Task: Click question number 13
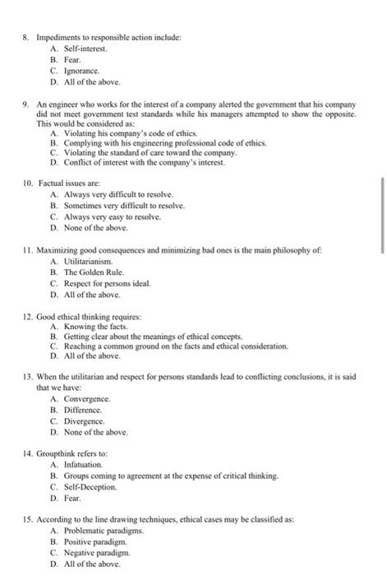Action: [27, 379]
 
